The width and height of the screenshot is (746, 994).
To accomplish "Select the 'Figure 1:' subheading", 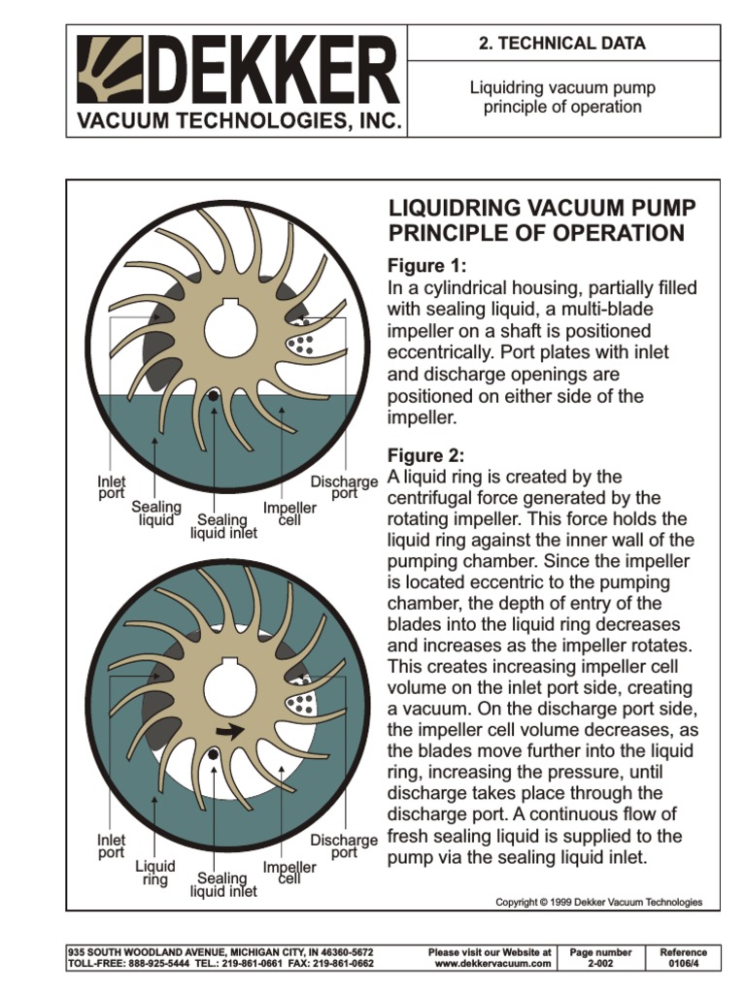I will coord(427,266).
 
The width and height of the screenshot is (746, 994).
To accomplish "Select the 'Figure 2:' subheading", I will coord(427,455).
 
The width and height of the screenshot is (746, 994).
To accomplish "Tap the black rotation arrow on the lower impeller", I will coord(229,731).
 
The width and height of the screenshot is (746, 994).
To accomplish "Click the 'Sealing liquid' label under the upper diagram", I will coord(156,514).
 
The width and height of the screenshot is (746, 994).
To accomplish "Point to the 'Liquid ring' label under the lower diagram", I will coord(155,873).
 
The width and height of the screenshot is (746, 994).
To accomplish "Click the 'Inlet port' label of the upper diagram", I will coord(112,486).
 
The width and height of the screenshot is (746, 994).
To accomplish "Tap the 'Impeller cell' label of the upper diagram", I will coord(289,514).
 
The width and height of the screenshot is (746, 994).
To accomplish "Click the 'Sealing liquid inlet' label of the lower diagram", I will coord(223,884).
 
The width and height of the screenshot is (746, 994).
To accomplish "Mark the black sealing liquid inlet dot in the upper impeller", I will coord(213,395).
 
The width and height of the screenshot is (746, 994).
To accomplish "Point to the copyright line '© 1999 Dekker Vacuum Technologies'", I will coord(598,902).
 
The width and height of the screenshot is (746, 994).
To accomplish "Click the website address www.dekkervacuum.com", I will coord(492,964).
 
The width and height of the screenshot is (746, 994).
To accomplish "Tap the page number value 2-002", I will coord(600,964).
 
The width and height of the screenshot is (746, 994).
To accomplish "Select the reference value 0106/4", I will coord(683,964).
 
